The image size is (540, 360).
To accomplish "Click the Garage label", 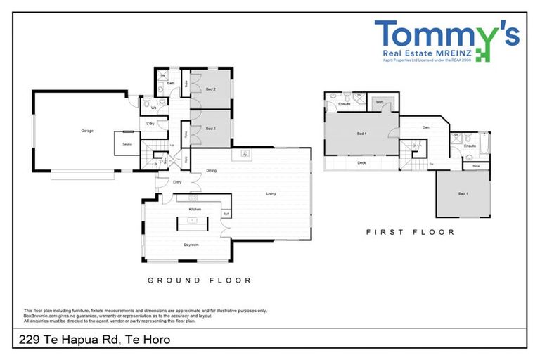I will point(87,131).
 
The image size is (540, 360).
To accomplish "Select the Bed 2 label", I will point(210,90).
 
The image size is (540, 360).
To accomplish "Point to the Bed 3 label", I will point(210,129).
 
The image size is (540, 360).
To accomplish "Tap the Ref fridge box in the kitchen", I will point(226,214).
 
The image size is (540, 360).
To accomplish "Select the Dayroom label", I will point(191,245).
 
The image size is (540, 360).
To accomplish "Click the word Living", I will point(271,193).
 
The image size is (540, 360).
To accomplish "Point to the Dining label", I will point(211,169).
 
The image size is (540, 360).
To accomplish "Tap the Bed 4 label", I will point(361,134).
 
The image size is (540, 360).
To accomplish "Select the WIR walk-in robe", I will point(379,103).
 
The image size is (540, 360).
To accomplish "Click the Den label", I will point(425,127).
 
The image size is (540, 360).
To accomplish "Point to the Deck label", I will point(361,162).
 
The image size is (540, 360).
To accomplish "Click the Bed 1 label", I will point(463,193).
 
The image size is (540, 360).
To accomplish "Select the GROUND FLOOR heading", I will point(199,280).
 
